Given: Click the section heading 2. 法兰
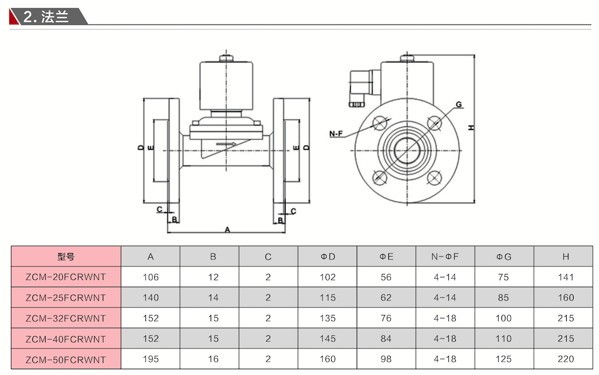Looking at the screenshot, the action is click(46, 16).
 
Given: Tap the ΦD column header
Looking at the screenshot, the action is click(328, 257).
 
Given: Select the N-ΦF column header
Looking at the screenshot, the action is click(445, 257).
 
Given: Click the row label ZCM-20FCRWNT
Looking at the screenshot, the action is click(66, 277).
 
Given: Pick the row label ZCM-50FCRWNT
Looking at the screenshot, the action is click(66, 359).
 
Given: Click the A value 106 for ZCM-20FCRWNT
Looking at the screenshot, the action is click(151, 277).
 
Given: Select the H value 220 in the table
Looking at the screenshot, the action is click(566, 359).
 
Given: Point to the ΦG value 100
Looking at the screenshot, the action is click(504, 318).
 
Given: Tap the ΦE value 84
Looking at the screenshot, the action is click(386, 339).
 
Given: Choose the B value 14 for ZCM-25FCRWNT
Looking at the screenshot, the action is click(213, 298).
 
